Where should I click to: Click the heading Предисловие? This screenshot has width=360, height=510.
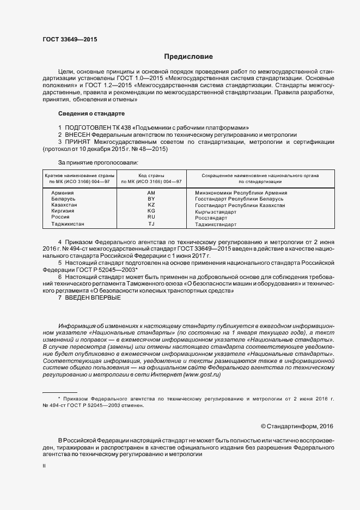tap(188, 57)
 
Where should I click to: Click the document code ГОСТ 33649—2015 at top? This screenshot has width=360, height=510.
tap(70, 39)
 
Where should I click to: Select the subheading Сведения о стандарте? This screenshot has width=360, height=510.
tap(91, 114)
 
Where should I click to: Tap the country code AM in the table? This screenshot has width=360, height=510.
tap(151, 193)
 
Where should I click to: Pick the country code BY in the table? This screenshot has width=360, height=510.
tap(151, 199)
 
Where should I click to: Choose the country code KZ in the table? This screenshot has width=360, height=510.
tap(151, 205)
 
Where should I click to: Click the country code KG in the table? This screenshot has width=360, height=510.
tap(151, 211)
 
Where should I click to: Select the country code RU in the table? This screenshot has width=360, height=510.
tap(151, 217)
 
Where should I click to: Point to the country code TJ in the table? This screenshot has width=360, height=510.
tap(151, 223)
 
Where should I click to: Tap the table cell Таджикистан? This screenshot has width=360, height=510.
tap(68, 223)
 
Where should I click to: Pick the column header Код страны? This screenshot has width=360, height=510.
tap(151, 175)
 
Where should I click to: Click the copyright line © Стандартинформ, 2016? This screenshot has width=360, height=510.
tap(296, 426)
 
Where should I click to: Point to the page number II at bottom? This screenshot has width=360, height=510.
tap(44, 466)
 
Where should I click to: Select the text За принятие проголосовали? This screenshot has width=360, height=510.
tap(98, 162)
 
